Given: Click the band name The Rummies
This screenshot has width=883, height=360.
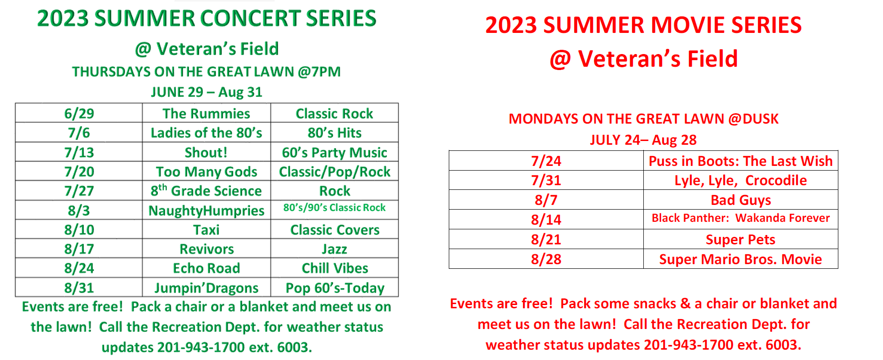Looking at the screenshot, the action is click(x=206, y=114).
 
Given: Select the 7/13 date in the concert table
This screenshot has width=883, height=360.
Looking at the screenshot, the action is click(x=79, y=153).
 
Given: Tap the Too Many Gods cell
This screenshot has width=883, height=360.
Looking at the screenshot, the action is click(x=206, y=172).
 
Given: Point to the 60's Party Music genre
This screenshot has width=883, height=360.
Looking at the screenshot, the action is click(x=335, y=153).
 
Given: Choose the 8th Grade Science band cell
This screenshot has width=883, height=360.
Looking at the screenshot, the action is click(x=206, y=191).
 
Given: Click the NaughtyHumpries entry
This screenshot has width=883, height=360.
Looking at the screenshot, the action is click(x=206, y=211).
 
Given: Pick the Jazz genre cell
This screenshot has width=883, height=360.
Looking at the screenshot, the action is click(x=335, y=249).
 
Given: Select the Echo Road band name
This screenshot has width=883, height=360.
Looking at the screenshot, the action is click(x=206, y=268).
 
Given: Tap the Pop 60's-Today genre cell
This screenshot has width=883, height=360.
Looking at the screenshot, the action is click(x=335, y=288).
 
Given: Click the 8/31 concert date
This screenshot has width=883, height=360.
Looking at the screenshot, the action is click(x=79, y=288).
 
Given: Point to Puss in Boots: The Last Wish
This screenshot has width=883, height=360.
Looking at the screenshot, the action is click(x=741, y=161).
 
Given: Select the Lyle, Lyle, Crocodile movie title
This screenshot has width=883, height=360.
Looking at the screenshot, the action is click(x=741, y=181).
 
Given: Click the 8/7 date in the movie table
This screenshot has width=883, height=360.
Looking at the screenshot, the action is click(x=546, y=200).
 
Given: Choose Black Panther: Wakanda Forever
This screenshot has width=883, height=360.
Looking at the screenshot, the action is click(x=741, y=218).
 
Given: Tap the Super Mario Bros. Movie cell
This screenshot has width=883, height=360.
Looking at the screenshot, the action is click(x=741, y=259).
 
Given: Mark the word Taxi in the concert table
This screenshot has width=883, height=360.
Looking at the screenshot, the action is click(x=206, y=230).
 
